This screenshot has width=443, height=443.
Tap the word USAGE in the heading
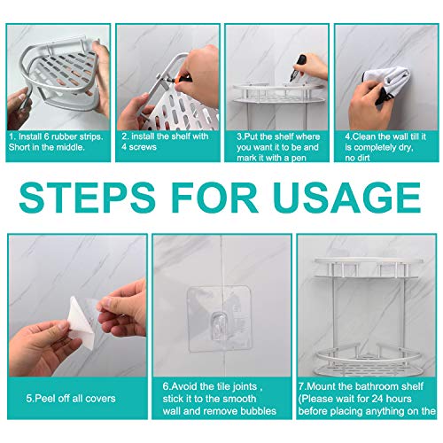click(346, 195)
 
